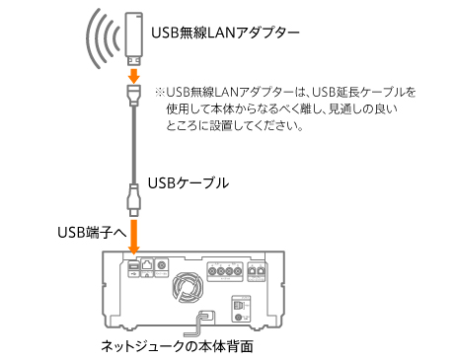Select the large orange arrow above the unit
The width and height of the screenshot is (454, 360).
[132, 235]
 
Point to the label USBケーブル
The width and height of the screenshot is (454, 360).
[188, 182]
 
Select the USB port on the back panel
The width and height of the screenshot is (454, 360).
[131, 266]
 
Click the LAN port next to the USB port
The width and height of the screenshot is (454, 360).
[147, 266]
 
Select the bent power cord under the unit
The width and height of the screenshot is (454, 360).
[203, 321]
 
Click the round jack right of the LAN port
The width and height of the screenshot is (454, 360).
[163, 266]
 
